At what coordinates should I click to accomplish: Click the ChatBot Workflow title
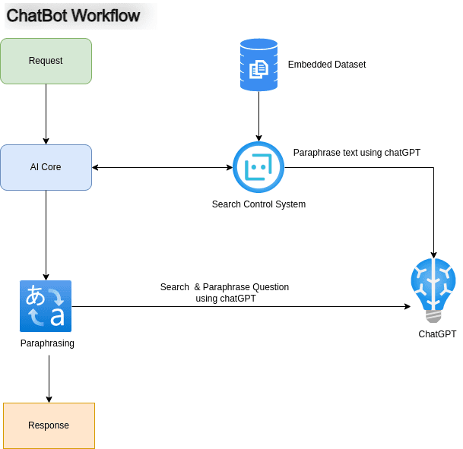coord(73,15)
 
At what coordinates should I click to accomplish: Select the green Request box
coord(46,61)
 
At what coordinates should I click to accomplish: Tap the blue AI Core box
coord(46,167)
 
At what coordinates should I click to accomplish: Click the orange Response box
coord(49,425)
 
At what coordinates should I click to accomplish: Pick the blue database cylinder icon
coord(258,65)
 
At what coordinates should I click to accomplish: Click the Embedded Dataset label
coord(326,65)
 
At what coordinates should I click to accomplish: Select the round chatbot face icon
coord(258,167)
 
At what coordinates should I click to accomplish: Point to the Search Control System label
coord(258,204)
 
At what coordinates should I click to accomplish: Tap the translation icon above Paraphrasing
coord(46,306)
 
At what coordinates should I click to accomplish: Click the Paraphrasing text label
coord(47,344)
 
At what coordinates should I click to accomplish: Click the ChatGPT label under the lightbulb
coord(437,334)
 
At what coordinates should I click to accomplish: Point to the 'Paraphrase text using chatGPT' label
coord(357,153)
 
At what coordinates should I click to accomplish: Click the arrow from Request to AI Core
coord(46,114)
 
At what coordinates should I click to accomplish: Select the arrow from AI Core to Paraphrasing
coord(46,236)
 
